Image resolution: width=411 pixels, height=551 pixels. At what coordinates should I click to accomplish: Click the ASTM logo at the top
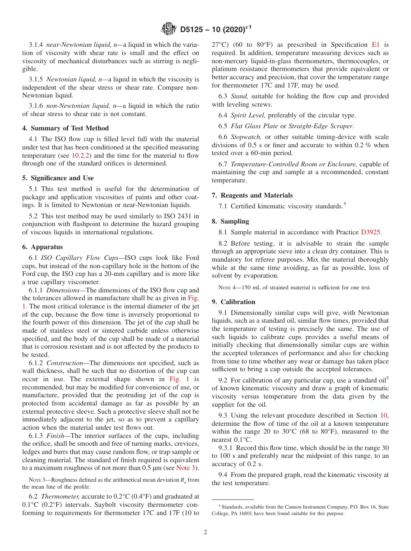[x=169, y=29]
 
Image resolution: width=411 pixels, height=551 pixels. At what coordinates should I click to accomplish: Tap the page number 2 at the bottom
[x=205, y=532]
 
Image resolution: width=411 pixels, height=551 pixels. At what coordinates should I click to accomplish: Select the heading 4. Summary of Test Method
[x=65, y=128]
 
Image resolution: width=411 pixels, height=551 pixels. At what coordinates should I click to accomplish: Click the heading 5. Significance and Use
[x=58, y=178]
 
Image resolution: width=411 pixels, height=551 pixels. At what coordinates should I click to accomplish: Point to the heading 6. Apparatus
[x=42, y=247]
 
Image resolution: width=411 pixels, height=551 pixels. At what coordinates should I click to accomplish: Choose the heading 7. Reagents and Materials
[x=252, y=195]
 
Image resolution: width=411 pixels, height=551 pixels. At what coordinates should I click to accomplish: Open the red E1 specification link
[x=376, y=45]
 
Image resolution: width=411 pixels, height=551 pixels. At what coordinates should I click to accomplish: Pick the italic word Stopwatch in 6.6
[x=246, y=137]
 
